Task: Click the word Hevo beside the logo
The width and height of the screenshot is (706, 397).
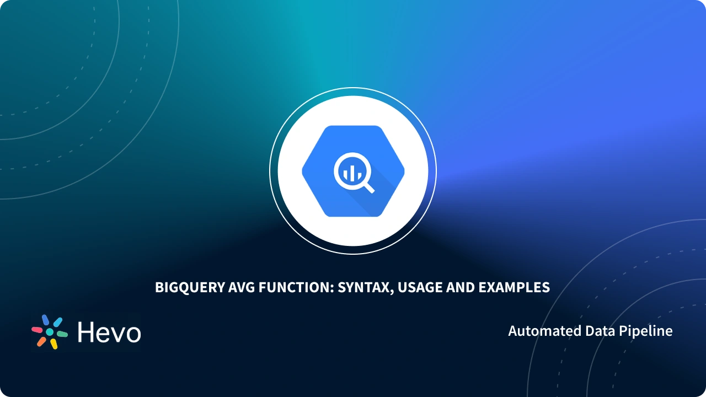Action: click(x=109, y=332)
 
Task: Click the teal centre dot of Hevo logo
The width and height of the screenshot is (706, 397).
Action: click(x=50, y=332)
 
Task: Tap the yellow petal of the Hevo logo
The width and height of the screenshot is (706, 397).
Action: click(x=54, y=344)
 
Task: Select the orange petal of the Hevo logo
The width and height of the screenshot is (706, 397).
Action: click(x=41, y=341)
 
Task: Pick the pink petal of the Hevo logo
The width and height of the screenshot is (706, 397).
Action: click(x=37, y=329)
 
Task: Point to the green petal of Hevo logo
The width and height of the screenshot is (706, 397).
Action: click(x=62, y=334)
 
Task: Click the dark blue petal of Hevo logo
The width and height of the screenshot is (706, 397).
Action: click(x=46, y=320)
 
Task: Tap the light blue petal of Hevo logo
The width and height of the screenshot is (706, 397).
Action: click(x=57, y=322)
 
